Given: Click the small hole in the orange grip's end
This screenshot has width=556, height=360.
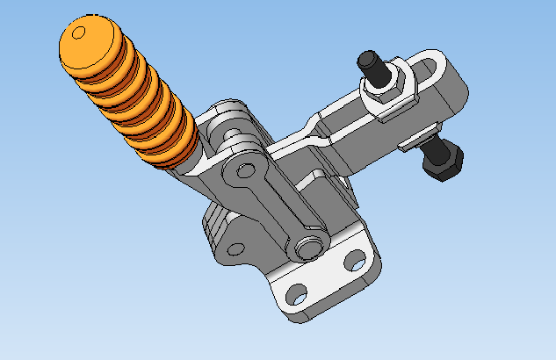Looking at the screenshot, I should (x=78, y=33).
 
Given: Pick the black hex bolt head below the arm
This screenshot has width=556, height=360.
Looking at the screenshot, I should (x=443, y=159).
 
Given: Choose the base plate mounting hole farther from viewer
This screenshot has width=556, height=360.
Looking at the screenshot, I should (x=354, y=260).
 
